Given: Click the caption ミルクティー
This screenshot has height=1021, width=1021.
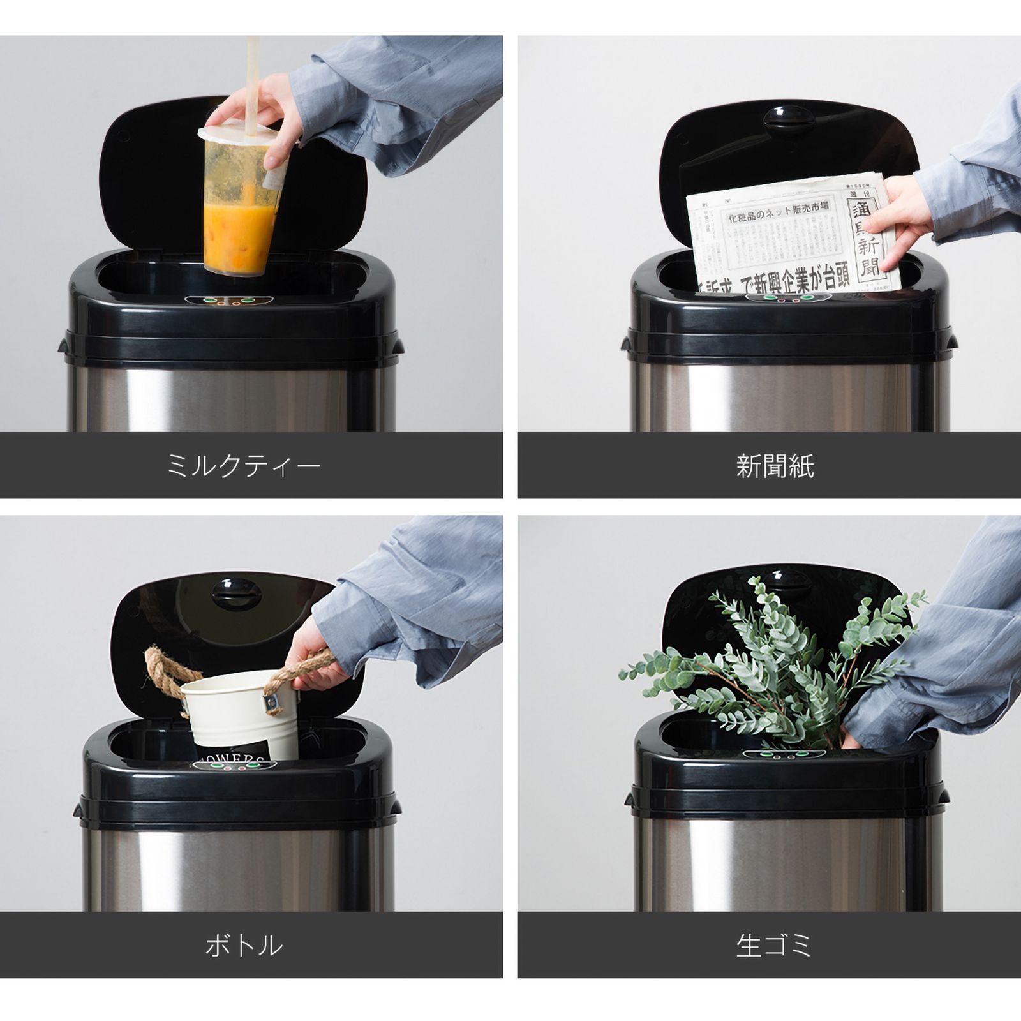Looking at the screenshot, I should point(243,466).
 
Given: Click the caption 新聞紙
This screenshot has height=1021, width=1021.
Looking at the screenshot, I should point(775,466).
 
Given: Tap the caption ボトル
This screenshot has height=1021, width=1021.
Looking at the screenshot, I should point(243,945).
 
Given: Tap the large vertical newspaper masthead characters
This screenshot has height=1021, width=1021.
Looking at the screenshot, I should point(867,236).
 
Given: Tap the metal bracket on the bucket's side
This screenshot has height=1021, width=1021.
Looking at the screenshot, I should point(274,702).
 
